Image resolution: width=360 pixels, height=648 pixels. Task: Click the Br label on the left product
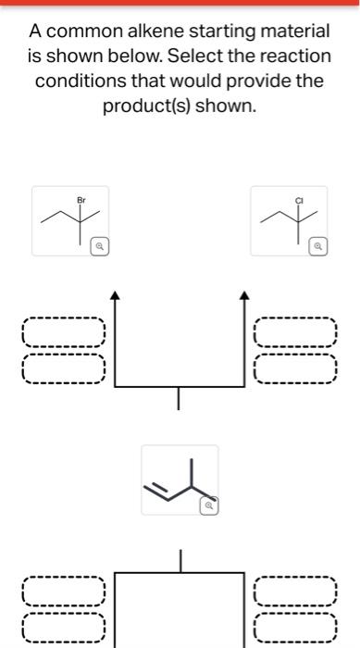click(81, 199)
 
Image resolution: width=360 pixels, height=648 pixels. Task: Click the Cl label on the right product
click(299, 199)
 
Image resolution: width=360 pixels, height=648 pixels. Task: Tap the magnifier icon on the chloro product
click(318, 247)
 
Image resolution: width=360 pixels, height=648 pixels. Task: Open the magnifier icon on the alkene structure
click(209, 506)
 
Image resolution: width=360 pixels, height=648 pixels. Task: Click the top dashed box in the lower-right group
click(296, 589)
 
